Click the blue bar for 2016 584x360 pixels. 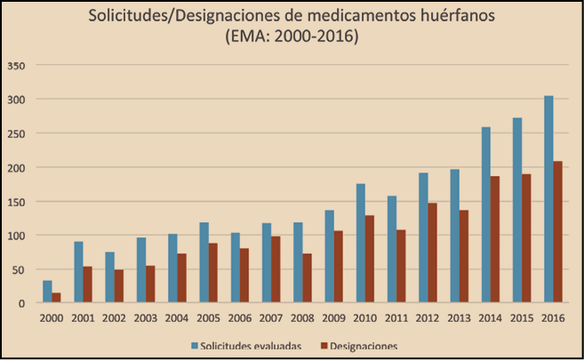(548, 199)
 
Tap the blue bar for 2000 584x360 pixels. (47, 292)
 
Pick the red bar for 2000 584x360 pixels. (56, 298)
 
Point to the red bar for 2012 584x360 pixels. (432, 252)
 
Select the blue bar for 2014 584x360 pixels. (485, 215)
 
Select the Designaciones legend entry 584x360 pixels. (361, 344)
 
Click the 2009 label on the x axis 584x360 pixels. (333, 318)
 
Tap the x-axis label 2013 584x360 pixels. (459, 318)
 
